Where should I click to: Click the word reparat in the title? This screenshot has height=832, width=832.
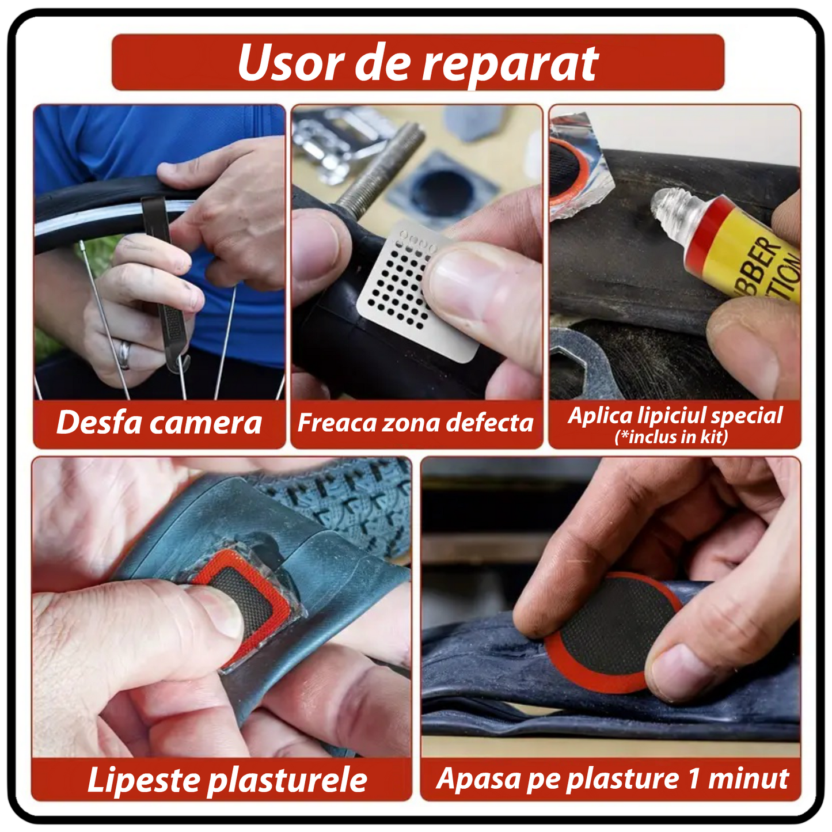(x=510, y=64)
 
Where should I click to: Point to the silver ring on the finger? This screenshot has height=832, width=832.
(x=125, y=355)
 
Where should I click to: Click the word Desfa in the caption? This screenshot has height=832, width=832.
(x=99, y=423)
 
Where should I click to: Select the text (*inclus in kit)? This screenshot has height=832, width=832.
(x=671, y=437)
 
